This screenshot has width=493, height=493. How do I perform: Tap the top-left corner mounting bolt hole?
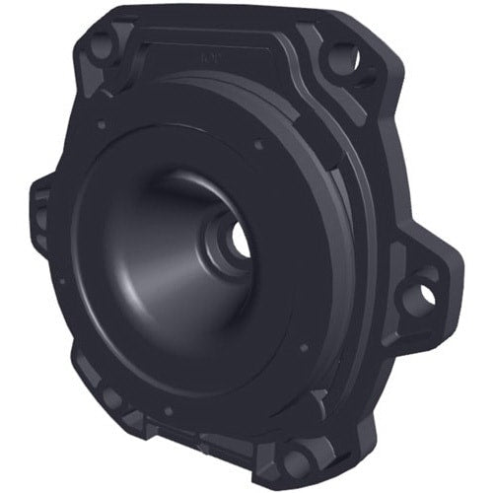coord(101,45)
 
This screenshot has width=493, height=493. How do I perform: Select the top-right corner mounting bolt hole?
coord(341,55)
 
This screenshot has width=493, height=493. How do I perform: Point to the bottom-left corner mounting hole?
coord(110,399)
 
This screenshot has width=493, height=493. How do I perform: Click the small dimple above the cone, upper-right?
coord(258,145)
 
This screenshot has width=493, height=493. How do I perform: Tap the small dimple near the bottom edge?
coord(168,410)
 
